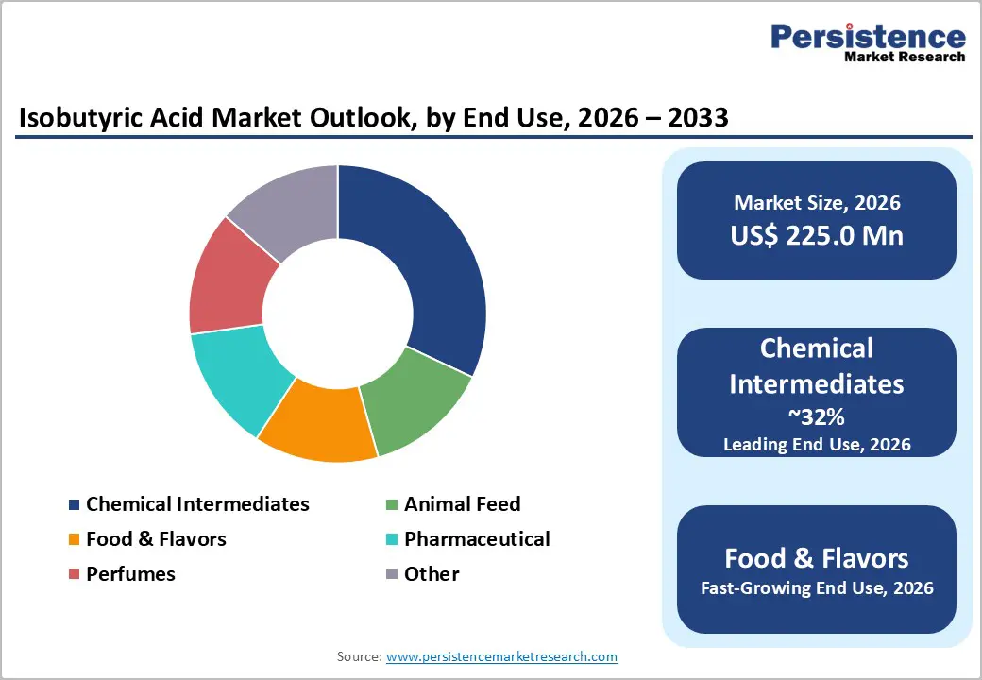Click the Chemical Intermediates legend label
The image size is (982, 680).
point(197,504)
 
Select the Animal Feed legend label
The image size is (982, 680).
point(462,504)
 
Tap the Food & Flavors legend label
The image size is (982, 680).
point(156,539)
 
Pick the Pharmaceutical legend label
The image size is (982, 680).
point(477,539)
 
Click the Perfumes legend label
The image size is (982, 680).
point(130,574)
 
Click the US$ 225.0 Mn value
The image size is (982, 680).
point(817,235)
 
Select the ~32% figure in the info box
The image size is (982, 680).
point(817,417)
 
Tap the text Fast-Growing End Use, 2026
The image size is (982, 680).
point(817,588)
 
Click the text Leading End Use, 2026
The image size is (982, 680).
point(817,444)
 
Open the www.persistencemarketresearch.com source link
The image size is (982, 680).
point(501,656)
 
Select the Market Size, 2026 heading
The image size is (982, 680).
point(817,202)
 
